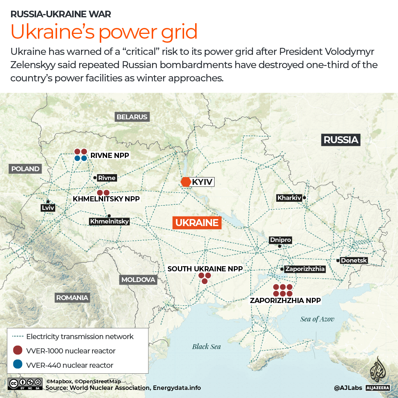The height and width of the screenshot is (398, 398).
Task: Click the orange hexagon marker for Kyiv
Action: pyautogui.click(x=186, y=182)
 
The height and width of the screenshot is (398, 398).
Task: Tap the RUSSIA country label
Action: pyautogui.click(x=341, y=140)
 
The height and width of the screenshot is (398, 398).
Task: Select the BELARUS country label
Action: pyautogui.click(x=132, y=117)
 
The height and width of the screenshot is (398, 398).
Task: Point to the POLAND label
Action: pyautogui.click(x=25, y=169)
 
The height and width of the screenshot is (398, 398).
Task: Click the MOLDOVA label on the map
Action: pyautogui.click(x=138, y=279)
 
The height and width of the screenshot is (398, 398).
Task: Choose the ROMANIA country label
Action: pyautogui.click(x=72, y=297)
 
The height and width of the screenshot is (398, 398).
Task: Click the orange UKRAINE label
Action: pyautogui.click(x=197, y=222)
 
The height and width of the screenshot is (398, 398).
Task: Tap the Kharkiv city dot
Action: pyautogui.click(x=304, y=198)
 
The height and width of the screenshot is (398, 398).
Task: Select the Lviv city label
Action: pyautogui.click(x=48, y=208)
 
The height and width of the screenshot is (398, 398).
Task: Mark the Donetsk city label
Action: pyautogui.click(x=354, y=260)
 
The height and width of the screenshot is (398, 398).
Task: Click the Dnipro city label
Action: pyautogui.click(x=281, y=240)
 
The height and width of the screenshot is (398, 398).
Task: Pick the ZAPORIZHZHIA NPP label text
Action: pyautogui.click(x=285, y=300)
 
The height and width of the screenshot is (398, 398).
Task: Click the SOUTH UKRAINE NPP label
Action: pyautogui.click(x=205, y=269)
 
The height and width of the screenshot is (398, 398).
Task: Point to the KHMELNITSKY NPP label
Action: pyautogui.click(x=106, y=199)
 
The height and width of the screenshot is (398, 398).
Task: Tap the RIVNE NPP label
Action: pyautogui.click(x=110, y=155)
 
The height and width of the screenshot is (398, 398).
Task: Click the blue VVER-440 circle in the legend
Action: pyautogui.click(x=17, y=365)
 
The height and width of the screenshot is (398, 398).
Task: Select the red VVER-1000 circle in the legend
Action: pyautogui.click(x=17, y=351)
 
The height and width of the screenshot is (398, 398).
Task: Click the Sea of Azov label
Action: pyautogui.click(x=317, y=319)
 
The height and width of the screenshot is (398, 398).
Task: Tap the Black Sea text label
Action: pyautogui.click(x=207, y=346)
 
